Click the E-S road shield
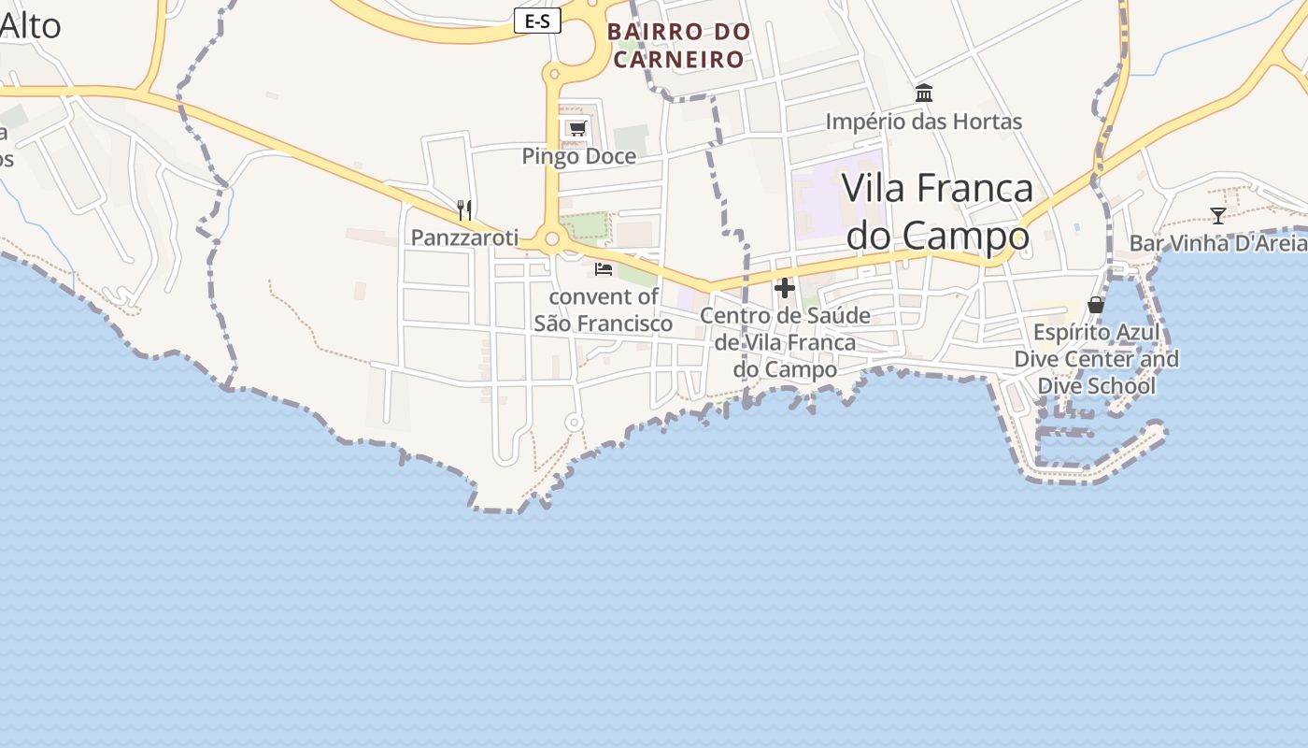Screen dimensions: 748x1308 pos(537,22)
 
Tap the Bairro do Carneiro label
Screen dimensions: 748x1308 pos(678,46)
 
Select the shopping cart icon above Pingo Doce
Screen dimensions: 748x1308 pos(577,128)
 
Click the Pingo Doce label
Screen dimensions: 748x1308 pos(578,156)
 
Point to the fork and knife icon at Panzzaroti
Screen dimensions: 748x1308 pos(464,209)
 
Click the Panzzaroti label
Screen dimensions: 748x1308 pos(464,237)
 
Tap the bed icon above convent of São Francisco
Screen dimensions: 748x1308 pos(604,269)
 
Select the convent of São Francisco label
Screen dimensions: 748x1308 pos(604,310)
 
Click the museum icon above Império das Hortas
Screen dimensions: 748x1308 pos(924,93)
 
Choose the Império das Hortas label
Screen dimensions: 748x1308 pos(924,122)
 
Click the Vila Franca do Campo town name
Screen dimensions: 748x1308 pos(938,212)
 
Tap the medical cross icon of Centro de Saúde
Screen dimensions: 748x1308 pos(785,288)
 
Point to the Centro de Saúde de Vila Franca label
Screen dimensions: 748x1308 pos(785,342)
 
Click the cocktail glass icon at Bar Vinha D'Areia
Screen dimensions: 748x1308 pos(1217,216)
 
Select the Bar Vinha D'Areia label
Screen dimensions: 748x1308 pos(1217,243)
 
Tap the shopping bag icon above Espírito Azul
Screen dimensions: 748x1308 pos(1096,305)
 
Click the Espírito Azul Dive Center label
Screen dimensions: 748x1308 pos(1096,359)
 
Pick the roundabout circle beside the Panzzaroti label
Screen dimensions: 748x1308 pos(551,239)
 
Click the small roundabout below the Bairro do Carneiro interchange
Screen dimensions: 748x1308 pos(553,73)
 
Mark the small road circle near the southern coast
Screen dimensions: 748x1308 pos(575,423)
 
